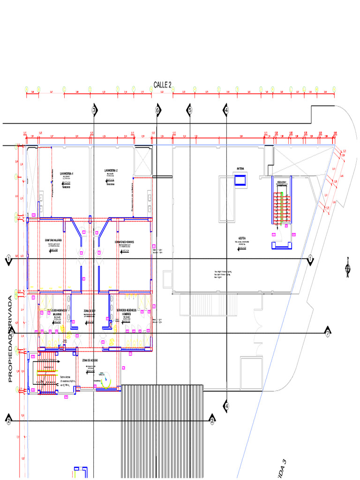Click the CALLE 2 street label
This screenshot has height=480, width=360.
pyautogui.click(x=163, y=85)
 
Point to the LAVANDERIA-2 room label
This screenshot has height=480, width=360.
pyautogui.click(x=111, y=170)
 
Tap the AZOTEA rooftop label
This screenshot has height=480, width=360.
pyautogui.click(x=242, y=239)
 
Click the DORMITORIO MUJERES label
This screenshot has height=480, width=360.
pyautogui.click(x=53, y=240)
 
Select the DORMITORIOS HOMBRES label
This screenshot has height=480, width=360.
pyautogui.click(x=124, y=242)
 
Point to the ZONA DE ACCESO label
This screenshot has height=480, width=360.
pyautogui.click(x=90, y=360)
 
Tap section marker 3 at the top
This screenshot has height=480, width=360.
pyautogui.click(x=94, y=110)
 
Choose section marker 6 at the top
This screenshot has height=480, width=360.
pyautogui.click(x=157, y=110)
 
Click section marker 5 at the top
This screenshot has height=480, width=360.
pyautogui.click(x=190, y=110)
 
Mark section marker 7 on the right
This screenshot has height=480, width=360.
pyautogui.click(x=328, y=333)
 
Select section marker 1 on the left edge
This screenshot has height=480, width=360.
pyautogui.click(x=8, y=259)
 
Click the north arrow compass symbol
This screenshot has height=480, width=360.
pyautogui.click(x=347, y=268)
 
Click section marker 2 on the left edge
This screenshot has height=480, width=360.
pyautogui.click(x=8, y=420)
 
